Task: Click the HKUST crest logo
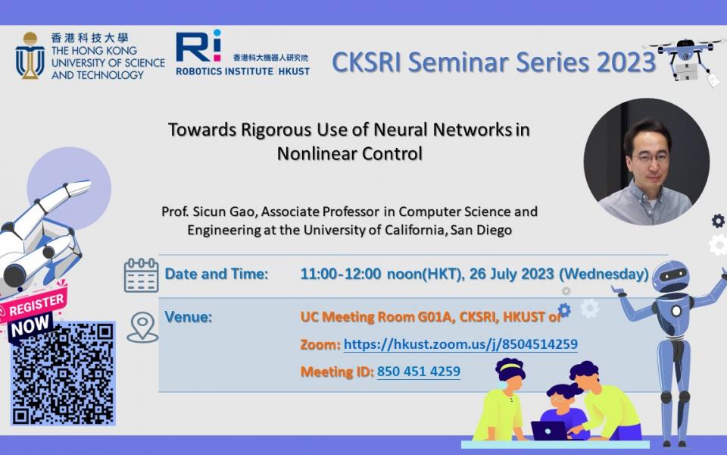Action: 30,55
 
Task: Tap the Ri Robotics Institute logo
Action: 198,47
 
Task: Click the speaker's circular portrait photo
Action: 646,162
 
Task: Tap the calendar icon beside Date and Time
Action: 141,275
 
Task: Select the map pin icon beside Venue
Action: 142,327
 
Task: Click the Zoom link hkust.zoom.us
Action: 460,344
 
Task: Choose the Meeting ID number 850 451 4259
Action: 418,372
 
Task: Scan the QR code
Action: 63,373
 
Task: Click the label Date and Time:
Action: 217,274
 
